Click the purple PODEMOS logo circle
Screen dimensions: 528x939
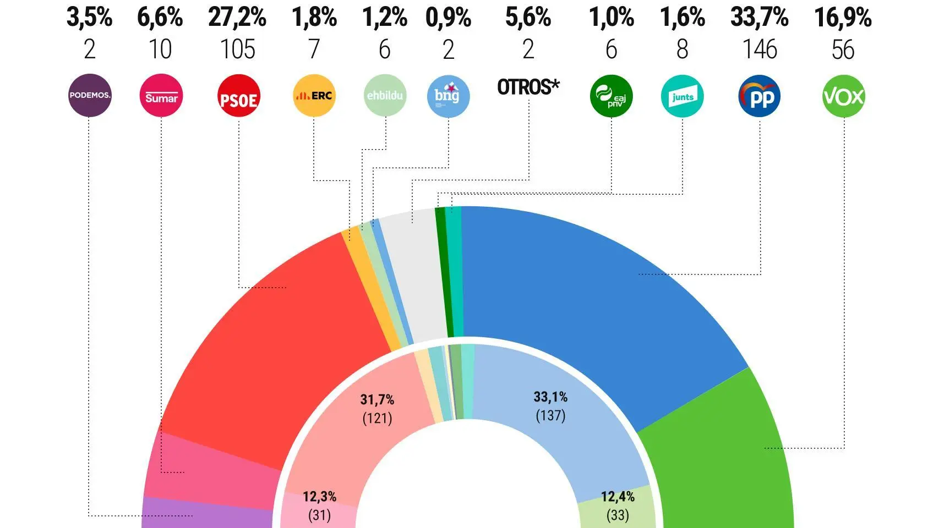(90, 96)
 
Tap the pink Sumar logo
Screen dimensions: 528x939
(161, 96)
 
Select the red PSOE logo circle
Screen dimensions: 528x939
(238, 96)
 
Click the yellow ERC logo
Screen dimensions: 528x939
(314, 96)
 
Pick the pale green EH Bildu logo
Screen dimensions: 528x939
(385, 95)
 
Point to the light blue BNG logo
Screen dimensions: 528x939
(448, 96)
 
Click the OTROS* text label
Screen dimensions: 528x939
(528, 87)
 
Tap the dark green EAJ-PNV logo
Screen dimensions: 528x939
(611, 96)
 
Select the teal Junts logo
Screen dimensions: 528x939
(682, 96)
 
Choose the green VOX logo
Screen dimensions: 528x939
(843, 96)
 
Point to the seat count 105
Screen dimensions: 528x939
(238, 50)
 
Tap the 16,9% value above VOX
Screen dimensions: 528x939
(843, 18)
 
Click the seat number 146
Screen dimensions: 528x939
(760, 50)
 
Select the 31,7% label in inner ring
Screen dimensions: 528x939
(377, 399)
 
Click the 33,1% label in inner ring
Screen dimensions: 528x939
(550, 397)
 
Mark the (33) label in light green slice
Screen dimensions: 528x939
(618, 515)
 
